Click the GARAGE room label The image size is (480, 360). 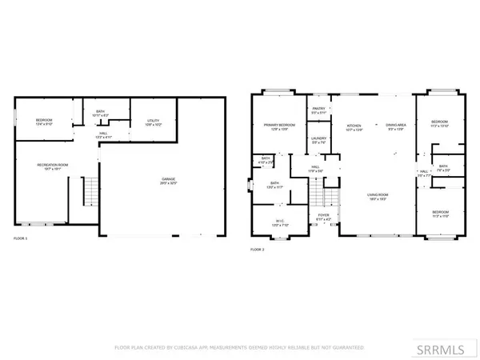tap(167, 180)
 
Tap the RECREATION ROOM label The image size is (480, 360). tap(50, 166)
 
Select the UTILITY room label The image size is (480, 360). tap(154, 122)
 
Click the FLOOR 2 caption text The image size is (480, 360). tap(258, 250)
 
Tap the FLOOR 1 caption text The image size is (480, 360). tap(21, 238)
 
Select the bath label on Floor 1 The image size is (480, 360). tap(101, 114)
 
